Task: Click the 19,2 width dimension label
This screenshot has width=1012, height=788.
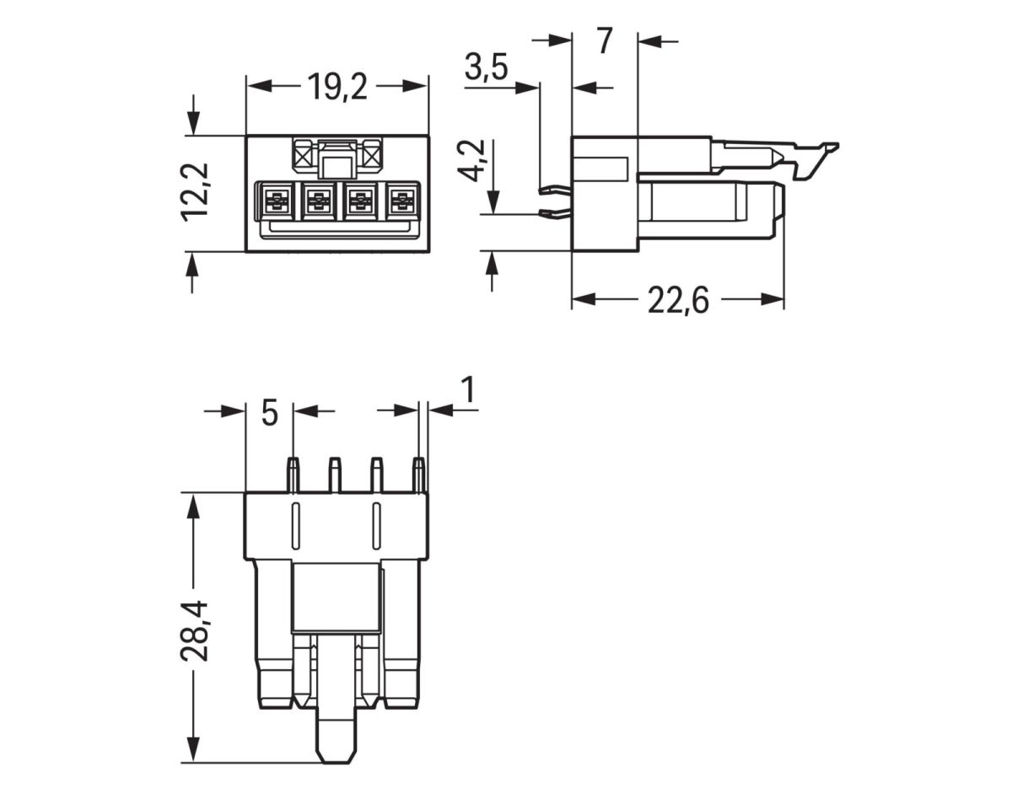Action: click(336, 87)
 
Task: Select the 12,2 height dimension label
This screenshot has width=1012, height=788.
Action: click(196, 192)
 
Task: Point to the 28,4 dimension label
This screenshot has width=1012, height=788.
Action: click(196, 629)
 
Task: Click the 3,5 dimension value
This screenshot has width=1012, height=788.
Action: click(486, 68)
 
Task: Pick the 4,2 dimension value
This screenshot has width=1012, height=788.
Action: click(475, 160)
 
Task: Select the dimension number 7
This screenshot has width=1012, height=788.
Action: click(604, 41)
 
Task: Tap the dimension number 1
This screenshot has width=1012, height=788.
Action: click(467, 391)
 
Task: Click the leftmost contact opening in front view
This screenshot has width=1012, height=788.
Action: click(275, 201)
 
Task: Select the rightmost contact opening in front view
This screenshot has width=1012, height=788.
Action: click(403, 201)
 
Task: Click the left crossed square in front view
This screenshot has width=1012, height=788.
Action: click(303, 154)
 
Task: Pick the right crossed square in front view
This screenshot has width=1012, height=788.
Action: click(371, 154)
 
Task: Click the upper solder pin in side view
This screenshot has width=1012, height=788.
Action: click(553, 190)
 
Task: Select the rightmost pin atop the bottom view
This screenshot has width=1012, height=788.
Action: click(417, 474)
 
